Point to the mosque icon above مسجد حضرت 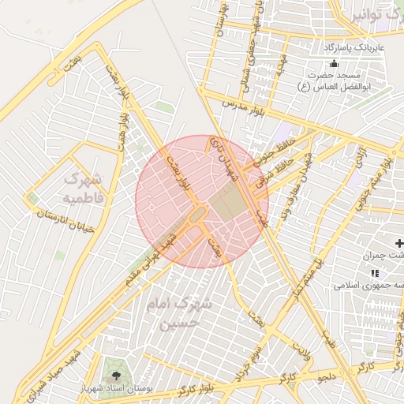point(334,63)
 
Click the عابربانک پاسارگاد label point(353,48)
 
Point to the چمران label point(384,256)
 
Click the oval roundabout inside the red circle point(198,214)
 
